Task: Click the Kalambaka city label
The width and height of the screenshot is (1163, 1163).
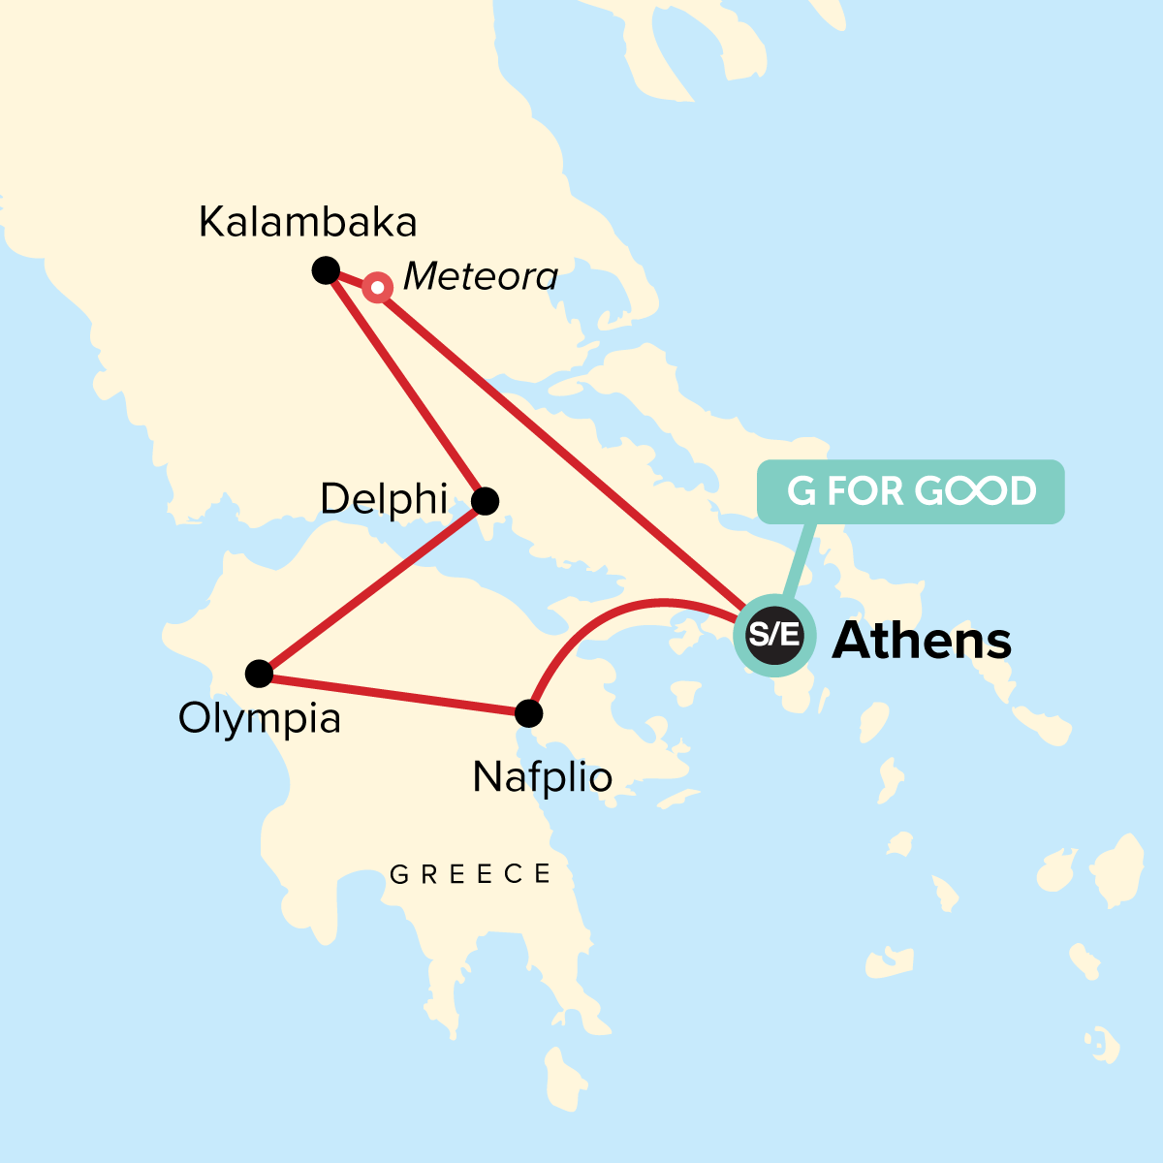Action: click(307, 223)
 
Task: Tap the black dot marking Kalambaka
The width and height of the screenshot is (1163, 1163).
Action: click(326, 270)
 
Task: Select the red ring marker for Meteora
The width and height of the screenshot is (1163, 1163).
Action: click(377, 288)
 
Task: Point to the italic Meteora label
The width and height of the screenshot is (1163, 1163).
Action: click(480, 277)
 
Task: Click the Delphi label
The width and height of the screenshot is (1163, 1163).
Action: click(384, 500)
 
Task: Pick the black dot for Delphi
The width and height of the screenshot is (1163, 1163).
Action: click(485, 501)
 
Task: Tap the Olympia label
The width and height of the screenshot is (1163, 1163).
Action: click(260, 719)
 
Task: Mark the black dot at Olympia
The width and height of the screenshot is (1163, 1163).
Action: click(259, 673)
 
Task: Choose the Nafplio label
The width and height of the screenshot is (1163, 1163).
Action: click(542, 777)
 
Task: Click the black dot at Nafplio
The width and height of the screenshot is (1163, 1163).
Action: click(528, 714)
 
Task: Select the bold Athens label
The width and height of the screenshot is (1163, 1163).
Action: click(922, 641)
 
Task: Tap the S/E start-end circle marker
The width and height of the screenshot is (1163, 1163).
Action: click(774, 636)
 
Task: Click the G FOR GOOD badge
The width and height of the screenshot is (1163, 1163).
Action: click(910, 491)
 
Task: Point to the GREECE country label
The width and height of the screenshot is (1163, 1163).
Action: click(470, 874)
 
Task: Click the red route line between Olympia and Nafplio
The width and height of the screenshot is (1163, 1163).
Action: click(393, 694)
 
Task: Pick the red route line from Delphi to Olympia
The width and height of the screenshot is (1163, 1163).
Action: click(372, 587)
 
